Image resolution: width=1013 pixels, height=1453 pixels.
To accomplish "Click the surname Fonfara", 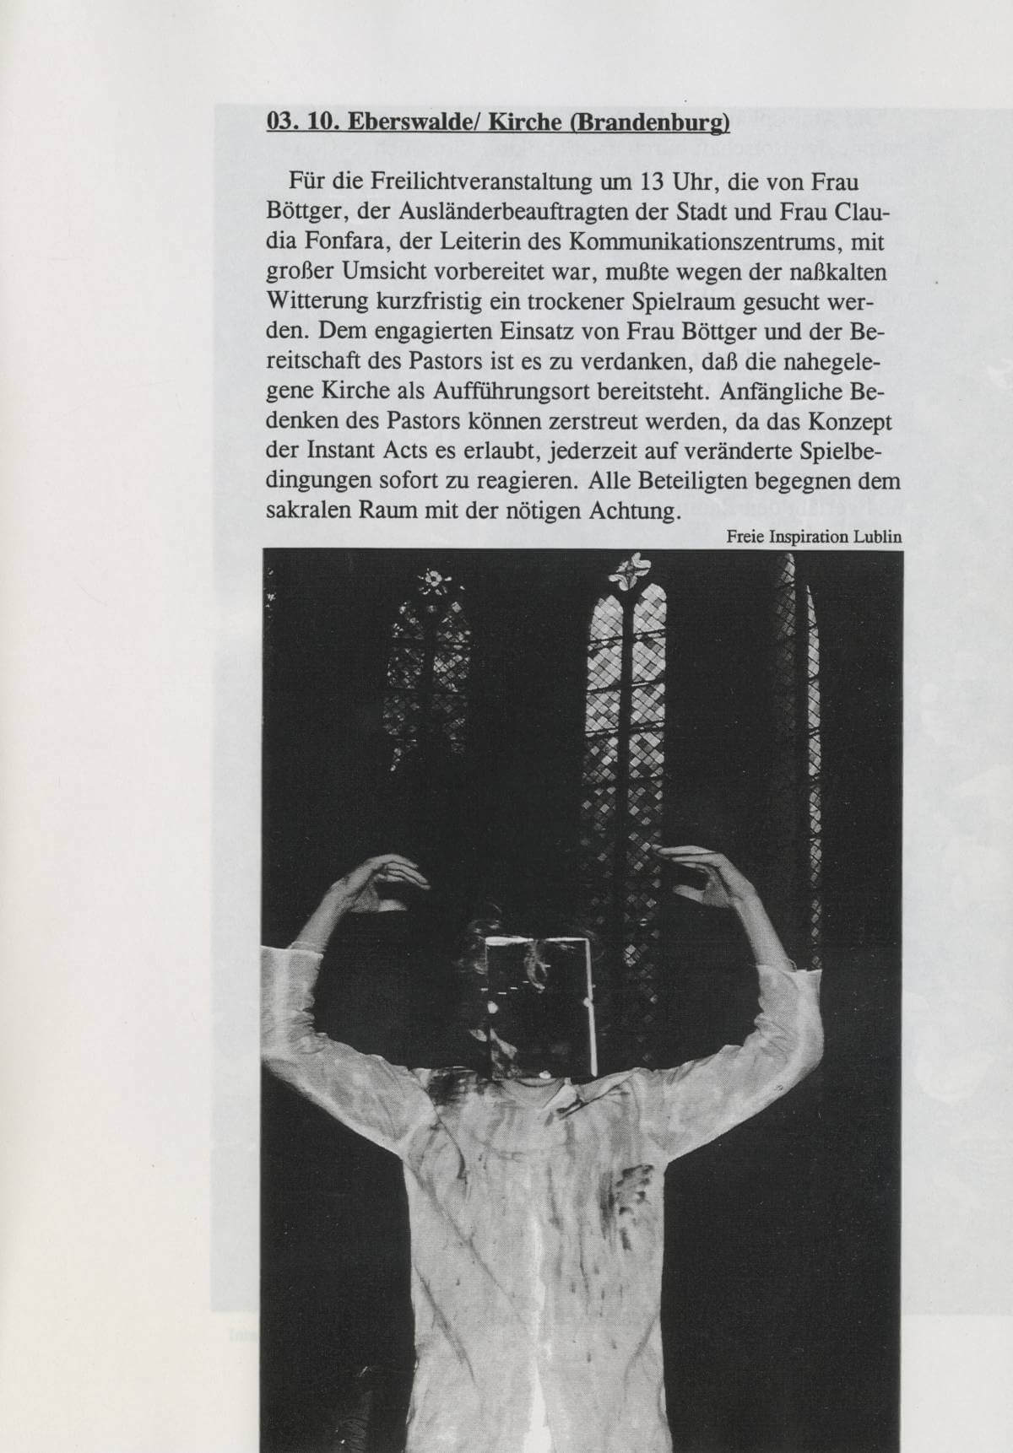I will pyautogui.click(x=328, y=242).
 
